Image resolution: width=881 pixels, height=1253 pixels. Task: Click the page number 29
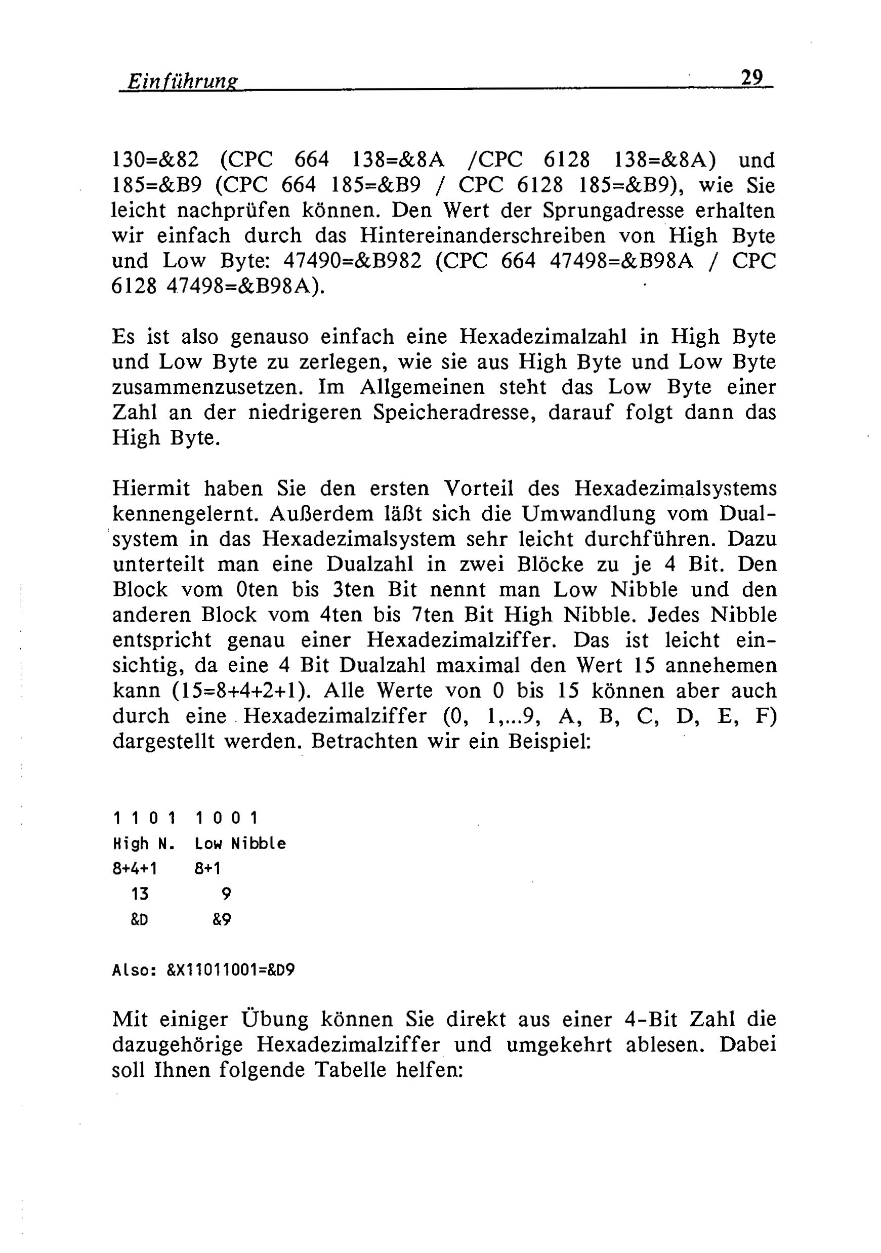pos(752,77)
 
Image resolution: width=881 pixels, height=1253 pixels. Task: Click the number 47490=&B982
pos(353,261)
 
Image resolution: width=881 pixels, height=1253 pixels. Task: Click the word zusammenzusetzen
pos(207,387)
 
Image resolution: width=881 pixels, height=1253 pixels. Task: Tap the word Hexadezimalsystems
pos(676,489)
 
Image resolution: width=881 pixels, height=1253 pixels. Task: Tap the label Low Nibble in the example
pos(240,844)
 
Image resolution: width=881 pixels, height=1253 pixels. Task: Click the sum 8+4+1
pos(134,869)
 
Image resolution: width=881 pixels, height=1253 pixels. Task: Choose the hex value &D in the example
pos(139,919)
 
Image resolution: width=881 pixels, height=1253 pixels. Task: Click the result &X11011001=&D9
pos(231,971)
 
